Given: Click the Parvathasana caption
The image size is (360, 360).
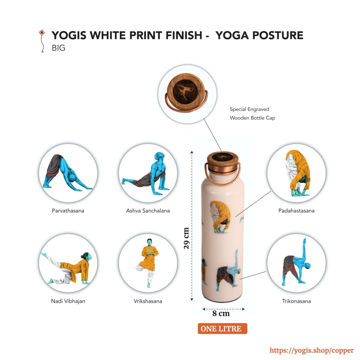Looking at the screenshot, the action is (x=68, y=211).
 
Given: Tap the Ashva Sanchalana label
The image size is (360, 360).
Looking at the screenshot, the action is (x=148, y=211).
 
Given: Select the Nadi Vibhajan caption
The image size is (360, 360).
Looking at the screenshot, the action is (x=68, y=301).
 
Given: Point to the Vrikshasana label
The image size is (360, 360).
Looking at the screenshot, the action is (x=148, y=301).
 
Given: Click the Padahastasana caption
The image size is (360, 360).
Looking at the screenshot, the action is (x=296, y=211).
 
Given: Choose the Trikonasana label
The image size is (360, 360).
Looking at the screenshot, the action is (x=296, y=301).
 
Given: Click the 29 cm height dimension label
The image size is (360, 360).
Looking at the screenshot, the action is (x=186, y=238).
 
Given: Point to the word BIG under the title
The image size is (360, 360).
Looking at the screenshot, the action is (x=58, y=48).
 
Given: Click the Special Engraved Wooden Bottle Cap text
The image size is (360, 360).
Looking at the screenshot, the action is (x=252, y=114).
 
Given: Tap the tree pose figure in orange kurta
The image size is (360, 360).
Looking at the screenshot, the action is (x=148, y=263).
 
